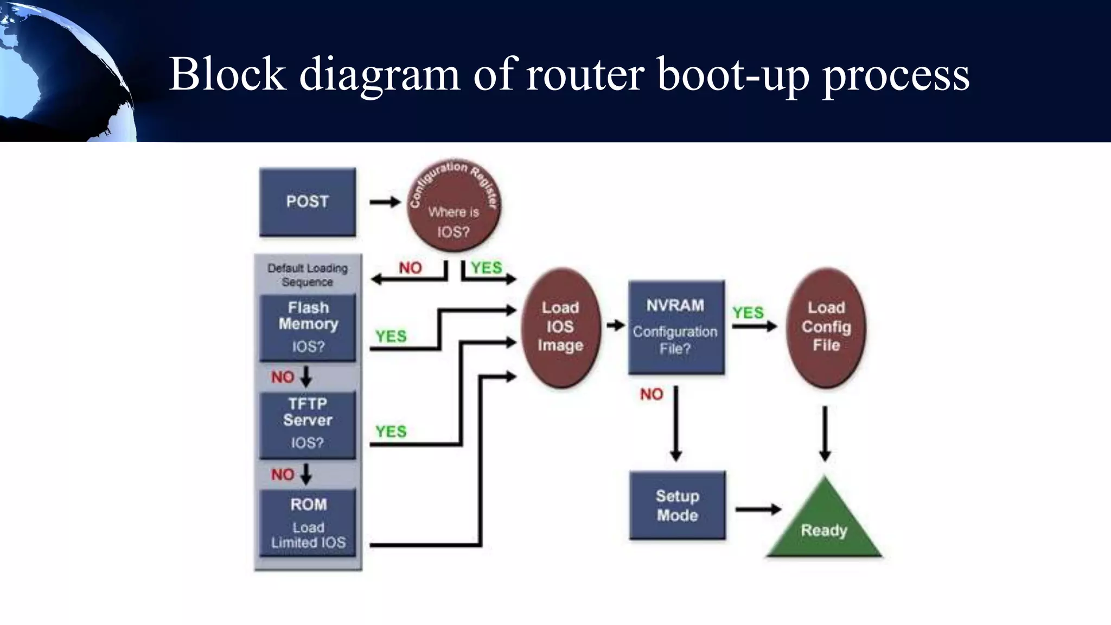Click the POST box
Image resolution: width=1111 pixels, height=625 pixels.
(308, 202)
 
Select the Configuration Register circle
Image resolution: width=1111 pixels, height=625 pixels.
(454, 206)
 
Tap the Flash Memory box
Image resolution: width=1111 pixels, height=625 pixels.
(308, 328)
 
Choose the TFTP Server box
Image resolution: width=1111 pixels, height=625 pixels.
(308, 425)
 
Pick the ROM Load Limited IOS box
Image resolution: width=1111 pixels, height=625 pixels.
(308, 522)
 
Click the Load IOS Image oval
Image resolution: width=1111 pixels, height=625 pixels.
(561, 327)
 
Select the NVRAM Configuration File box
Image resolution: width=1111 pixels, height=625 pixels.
(676, 327)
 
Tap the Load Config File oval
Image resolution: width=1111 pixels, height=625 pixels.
(826, 327)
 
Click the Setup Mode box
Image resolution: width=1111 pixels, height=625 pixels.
(677, 505)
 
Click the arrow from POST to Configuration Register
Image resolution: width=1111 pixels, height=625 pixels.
(385, 202)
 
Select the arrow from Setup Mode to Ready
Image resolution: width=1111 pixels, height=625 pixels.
(758, 509)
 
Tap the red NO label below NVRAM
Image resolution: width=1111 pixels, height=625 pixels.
(652, 394)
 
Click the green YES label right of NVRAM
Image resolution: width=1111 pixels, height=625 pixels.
(748, 312)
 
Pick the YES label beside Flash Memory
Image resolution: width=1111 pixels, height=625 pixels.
(391, 336)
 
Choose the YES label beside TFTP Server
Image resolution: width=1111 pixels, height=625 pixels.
(391, 432)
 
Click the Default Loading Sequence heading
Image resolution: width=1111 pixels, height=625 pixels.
(308, 275)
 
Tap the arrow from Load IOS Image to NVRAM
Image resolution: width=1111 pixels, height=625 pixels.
(616, 326)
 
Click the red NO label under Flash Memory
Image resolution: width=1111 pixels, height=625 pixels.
(283, 377)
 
